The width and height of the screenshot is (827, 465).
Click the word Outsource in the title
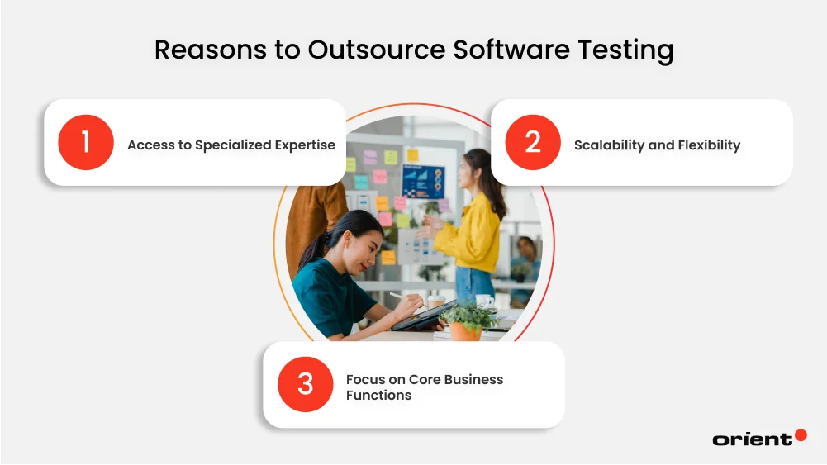(x=377, y=50)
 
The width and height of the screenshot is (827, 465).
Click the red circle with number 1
(x=85, y=143)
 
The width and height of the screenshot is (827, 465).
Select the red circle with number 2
(x=532, y=143)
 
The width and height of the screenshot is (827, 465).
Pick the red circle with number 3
(x=305, y=384)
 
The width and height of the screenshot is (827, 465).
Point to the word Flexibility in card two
(x=709, y=145)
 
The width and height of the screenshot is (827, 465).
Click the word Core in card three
(x=426, y=380)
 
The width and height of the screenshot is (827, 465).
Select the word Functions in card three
(x=378, y=396)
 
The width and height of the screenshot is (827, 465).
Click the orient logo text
(x=752, y=439)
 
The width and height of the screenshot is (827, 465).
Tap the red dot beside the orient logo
(x=801, y=434)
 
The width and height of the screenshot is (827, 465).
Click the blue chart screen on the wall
(x=423, y=182)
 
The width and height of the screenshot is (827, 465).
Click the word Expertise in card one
(x=305, y=145)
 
